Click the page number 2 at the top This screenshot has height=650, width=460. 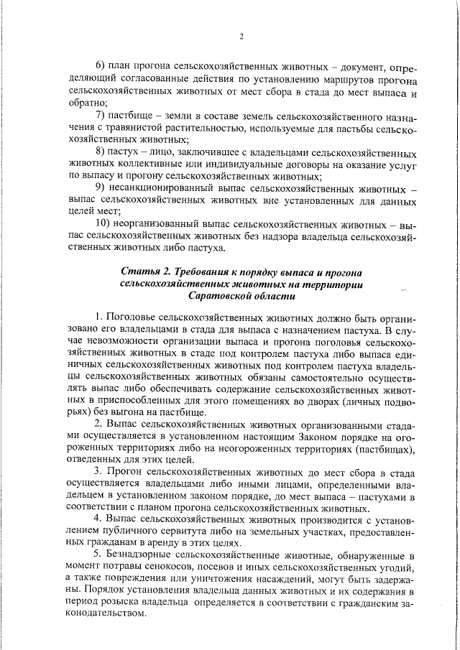[x=242, y=37]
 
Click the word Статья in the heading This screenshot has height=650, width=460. [x=139, y=272]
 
